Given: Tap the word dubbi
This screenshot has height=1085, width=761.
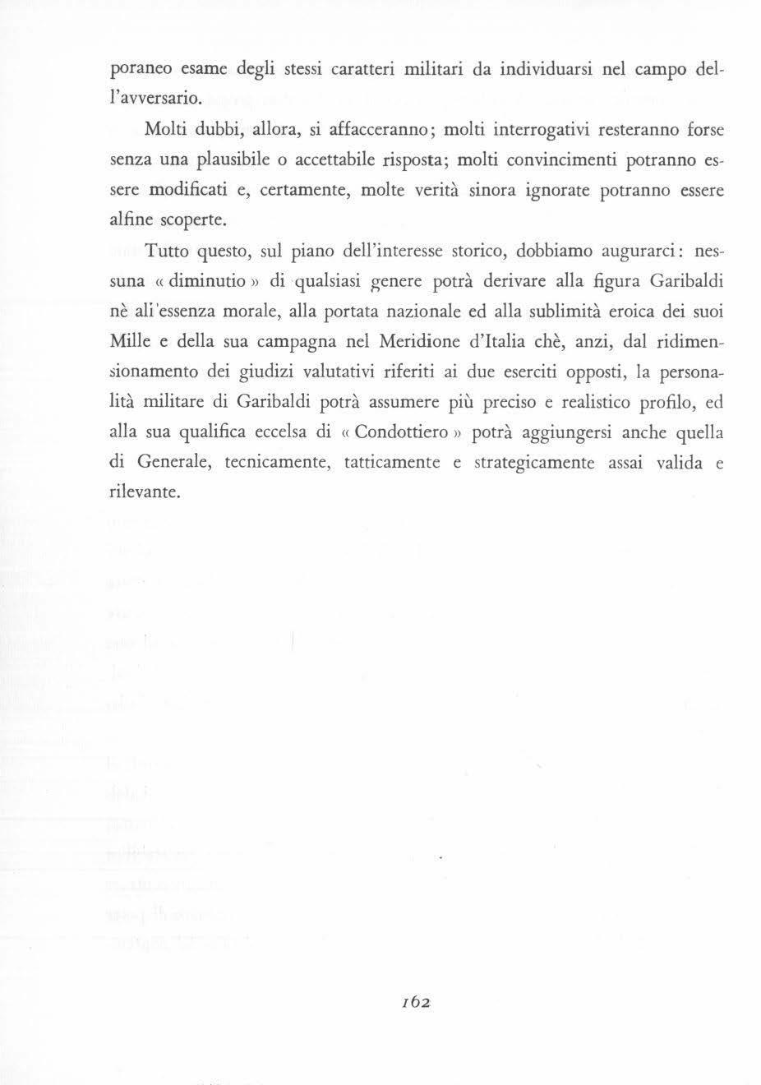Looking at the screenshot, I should click(218, 130).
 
